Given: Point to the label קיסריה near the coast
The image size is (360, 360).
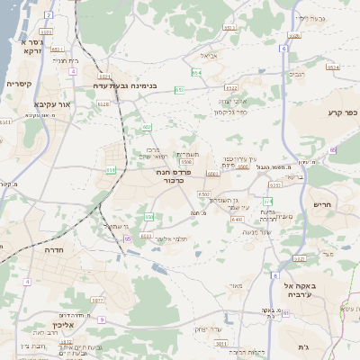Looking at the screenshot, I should (x=21, y=84).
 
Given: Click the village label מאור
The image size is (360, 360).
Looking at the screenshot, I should (x=236, y=287).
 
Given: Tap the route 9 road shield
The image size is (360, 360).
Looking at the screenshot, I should (x=102, y=319).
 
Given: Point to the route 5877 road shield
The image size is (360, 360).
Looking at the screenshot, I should (x=98, y=299).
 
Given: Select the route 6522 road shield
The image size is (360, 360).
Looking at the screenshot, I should (x=231, y=87).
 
